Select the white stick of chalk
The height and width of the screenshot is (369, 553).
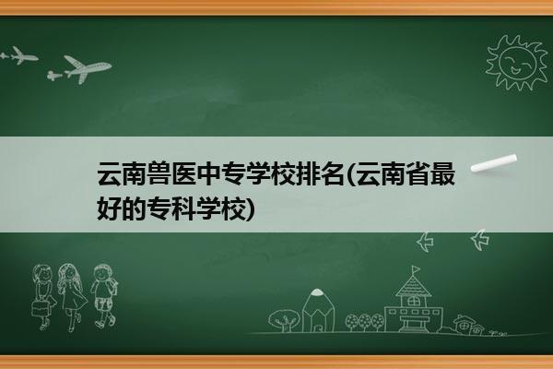pyautogui.click(x=494, y=163)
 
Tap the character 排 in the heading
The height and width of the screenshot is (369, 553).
pyautogui.click(x=307, y=173)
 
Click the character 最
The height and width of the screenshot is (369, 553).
pyautogui.click(x=443, y=173)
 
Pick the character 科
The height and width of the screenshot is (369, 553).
pyautogui.click(x=183, y=208)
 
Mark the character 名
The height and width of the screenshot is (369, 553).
pyautogui.click(x=332, y=173)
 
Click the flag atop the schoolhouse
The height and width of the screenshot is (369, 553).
pyautogui.click(x=416, y=269)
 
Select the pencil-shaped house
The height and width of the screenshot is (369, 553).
pyautogui.click(x=318, y=310)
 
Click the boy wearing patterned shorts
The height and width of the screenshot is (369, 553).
pyautogui.click(x=103, y=296)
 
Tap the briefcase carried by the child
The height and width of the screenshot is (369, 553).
pyautogui.click(x=41, y=309)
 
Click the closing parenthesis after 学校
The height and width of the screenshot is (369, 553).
pyautogui.click(x=250, y=209)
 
